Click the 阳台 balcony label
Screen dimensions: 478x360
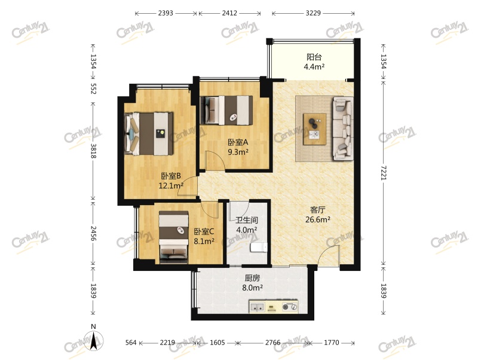(x=314, y=57)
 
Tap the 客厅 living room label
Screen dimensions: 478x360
(x=317, y=210)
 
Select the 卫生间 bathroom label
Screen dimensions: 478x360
(x=247, y=220)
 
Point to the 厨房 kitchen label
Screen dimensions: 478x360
(x=252, y=278)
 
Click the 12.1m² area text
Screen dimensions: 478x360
(x=171, y=185)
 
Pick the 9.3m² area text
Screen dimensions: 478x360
(x=238, y=152)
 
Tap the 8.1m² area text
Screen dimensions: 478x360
(x=204, y=242)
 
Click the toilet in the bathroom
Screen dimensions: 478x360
(x=259, y=247)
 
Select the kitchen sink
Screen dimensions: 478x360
(x=257, y=307)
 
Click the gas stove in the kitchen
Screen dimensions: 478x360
(x=290, y=307)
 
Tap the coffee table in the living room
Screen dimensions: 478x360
(x=315, y=129)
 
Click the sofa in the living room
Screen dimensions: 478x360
(x=343, y=129)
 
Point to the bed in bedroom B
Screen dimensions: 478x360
(x=149, y=133)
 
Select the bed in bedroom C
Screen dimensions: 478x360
(x=173, y=237)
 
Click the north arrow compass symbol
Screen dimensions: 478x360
(x=94, y=340)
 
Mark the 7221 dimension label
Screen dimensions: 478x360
(x=383, y=173)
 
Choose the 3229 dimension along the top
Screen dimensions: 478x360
(x=313, y=13)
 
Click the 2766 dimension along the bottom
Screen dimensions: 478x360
(x=272, y=343)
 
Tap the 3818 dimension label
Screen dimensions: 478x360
(x=93, y=151)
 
